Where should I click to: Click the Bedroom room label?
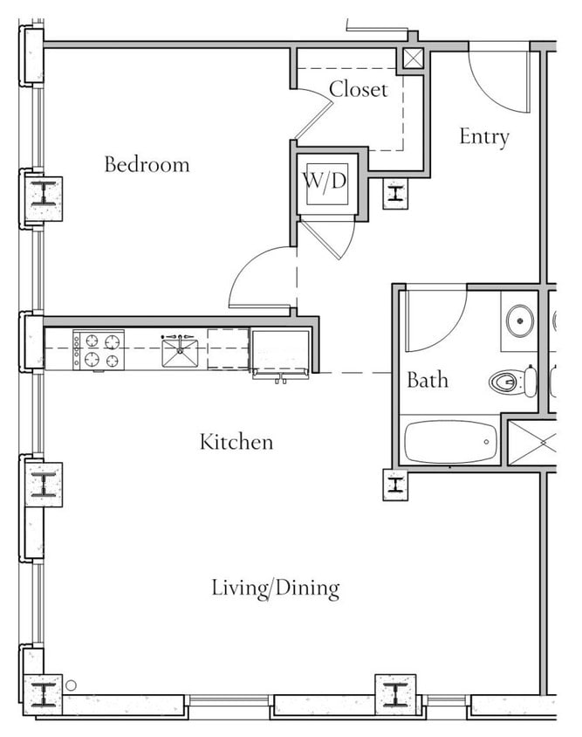[x=147, y=164]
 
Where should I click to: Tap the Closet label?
[x=358, y=89]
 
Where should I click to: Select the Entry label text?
[x=484, y=137]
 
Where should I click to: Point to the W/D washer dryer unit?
[x=326, y=183]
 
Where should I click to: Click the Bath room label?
[x=428, y=380]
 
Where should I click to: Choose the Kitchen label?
[x=236, y=442]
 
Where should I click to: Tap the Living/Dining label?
[x=276, y=588]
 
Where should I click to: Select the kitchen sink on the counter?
[x=180, y=352]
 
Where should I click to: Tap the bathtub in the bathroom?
[x=450, y=442]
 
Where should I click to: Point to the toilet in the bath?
[x=515, y=382]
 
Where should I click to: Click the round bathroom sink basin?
[x=521, y=320]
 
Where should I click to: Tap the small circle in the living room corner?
[x=72, y=685]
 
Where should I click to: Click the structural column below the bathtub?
[x=395, y=484]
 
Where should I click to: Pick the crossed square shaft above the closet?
[x=411, y=59]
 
